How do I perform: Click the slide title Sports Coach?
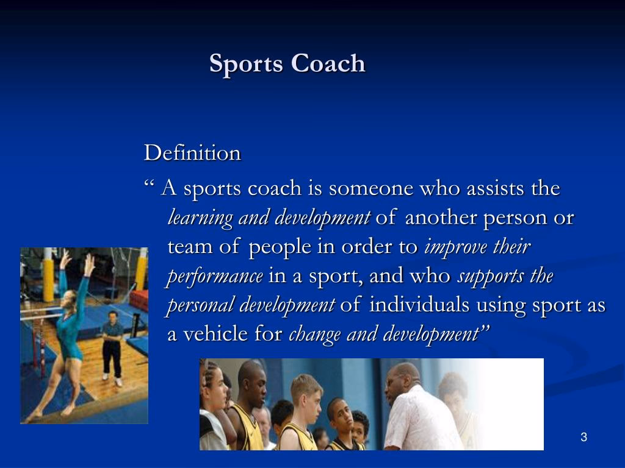[x=287, y=63]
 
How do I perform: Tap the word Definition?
[x=192, y=153]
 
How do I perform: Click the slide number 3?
[x=583, y=437]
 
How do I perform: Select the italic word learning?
[x=200, y=218]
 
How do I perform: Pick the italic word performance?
[x=215, y=276]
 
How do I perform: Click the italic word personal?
[x=200, y=305]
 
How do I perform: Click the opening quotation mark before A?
[x=149, y=183]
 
